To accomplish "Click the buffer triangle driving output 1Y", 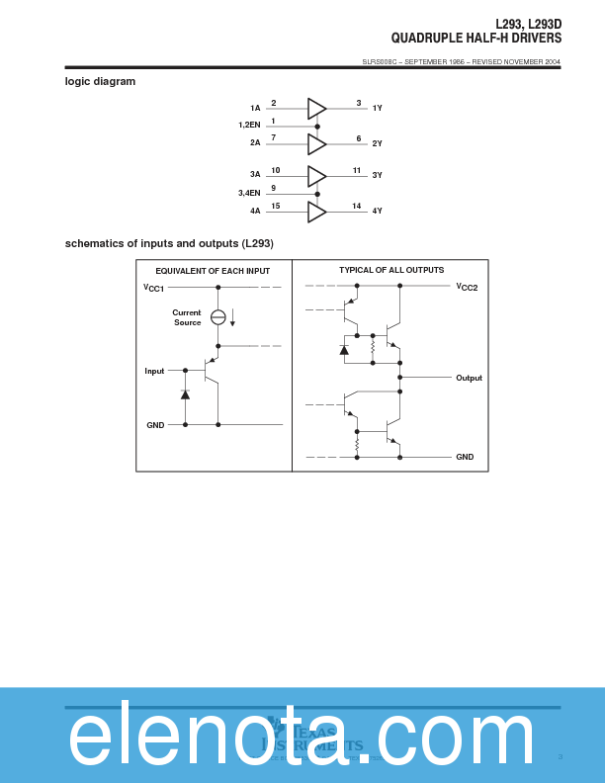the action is [x=316, y=109].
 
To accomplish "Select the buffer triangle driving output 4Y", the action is [x=316, y=212].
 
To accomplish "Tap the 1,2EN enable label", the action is [x=249, y=126].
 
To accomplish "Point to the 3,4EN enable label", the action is [x=249, y=193].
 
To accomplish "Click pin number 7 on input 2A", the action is [x=274, y=137].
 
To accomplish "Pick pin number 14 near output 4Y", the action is [x=356, y=206].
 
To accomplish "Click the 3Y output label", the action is [x=377, y=175].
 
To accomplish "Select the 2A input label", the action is [x=255, y=143].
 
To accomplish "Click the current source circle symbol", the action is [x=218, y=317].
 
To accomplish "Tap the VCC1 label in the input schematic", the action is [x=153, y=288].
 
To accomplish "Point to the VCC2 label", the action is [x=467, y=287].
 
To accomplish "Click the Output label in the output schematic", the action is [x=469, y=378].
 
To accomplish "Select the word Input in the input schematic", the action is [x=154, y=371].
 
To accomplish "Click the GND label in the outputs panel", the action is [x=465, y=457].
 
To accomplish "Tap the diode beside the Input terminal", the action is [x=185, y=394].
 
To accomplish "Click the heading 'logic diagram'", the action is [x=100, y=81].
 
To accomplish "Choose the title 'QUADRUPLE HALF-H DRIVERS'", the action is [x=475, y=39].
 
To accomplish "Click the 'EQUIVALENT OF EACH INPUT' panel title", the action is [x=213, y=271].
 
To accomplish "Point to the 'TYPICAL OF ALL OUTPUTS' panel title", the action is [x=391, y=270].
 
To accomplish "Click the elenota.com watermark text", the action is [x=302, y=736].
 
